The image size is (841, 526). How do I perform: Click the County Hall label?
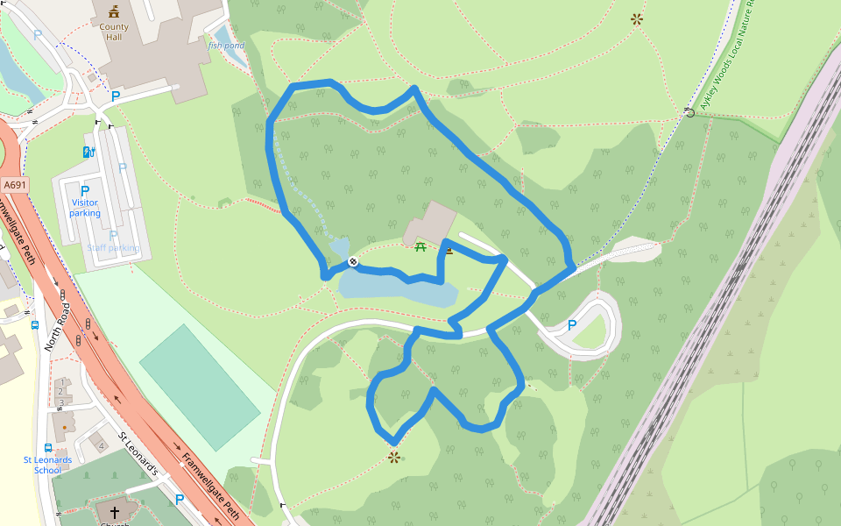point(114,32)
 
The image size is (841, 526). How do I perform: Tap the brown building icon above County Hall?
point(114,11)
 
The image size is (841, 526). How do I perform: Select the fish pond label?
point(227,45)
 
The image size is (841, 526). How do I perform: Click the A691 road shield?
point(15,185)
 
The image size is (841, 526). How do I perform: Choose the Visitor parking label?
point(85,208)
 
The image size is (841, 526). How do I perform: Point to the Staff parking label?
point(112,248)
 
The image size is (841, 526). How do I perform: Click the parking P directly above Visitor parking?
point(85,191)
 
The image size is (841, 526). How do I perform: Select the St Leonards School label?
point(47,465)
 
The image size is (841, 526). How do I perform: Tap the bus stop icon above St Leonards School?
point(47,447)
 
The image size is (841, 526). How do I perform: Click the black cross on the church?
point(114,511)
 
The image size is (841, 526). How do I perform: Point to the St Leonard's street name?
point(138,455)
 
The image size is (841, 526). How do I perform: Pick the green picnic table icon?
point(420,246)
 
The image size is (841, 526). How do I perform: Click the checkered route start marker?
point(352,261)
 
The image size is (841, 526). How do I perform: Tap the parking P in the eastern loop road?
point(572,325)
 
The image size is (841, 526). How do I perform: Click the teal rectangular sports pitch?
point(200,375)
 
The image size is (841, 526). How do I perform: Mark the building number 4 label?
point(102,446)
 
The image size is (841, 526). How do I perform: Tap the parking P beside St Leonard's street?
point(180,500)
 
